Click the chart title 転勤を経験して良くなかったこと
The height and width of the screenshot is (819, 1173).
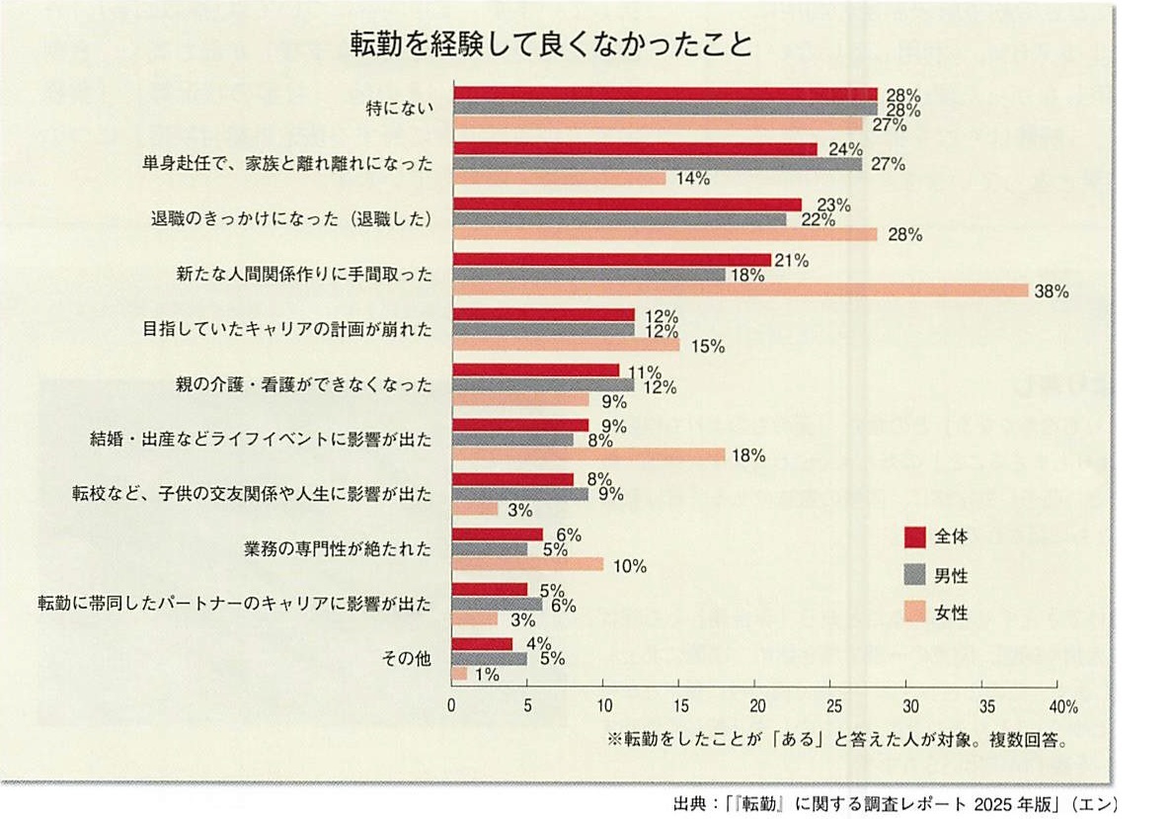point(551,44)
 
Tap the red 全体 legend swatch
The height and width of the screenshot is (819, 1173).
point(914,536)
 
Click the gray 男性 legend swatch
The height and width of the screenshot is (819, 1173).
point(914,575)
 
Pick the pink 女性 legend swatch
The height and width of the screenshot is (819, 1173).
point(914,614)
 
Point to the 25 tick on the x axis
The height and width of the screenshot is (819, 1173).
point(833,706)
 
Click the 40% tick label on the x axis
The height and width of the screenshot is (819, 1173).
point(1061,706)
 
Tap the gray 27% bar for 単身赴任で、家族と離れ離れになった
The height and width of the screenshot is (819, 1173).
point(657,164)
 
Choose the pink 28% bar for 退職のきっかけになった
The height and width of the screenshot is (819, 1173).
point(664,234)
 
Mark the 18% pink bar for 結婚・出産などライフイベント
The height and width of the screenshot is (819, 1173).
point(588,454)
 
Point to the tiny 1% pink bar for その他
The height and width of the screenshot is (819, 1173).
point(459,673)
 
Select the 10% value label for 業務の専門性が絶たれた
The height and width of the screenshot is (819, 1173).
point(629,566)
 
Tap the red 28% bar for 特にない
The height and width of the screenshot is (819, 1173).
point(664,94)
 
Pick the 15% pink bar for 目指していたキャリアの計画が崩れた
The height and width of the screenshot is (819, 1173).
point(566,345)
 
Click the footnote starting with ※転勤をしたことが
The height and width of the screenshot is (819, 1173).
point(838,738)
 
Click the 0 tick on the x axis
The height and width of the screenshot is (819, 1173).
point(451,706)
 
